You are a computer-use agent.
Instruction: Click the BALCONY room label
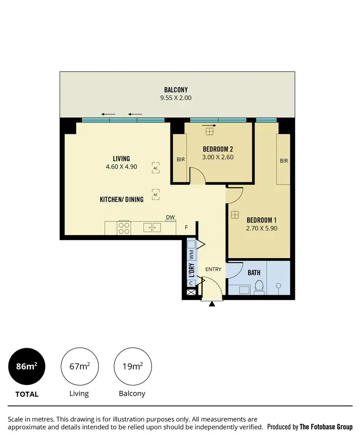coord(176,90)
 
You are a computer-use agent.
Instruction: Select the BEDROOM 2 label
coord(218,148)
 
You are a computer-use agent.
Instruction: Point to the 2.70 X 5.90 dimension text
coord(262,228)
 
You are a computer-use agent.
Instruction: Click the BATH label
coord(254,273)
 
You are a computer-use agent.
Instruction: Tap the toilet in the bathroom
coord(259,287)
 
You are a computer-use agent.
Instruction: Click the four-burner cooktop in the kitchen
coord(124,227)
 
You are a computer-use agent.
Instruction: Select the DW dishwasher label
coord(170,217)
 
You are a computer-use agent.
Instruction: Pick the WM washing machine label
coord(191,252)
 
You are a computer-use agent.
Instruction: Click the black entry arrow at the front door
coord(212,303)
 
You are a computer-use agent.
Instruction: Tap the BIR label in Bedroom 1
coord(284,161)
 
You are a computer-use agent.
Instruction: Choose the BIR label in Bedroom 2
coord(180,159)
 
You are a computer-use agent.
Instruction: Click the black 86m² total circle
coord(27,367)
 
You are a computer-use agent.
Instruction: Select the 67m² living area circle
coord(79,367)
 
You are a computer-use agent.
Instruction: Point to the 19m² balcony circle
coord(132,367)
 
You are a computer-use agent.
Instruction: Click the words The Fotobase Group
coord(326,427)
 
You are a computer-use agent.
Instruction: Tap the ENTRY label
coord(213,269)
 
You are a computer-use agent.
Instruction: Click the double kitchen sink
coord(153,227)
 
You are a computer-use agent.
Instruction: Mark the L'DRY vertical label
coord(191,271)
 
